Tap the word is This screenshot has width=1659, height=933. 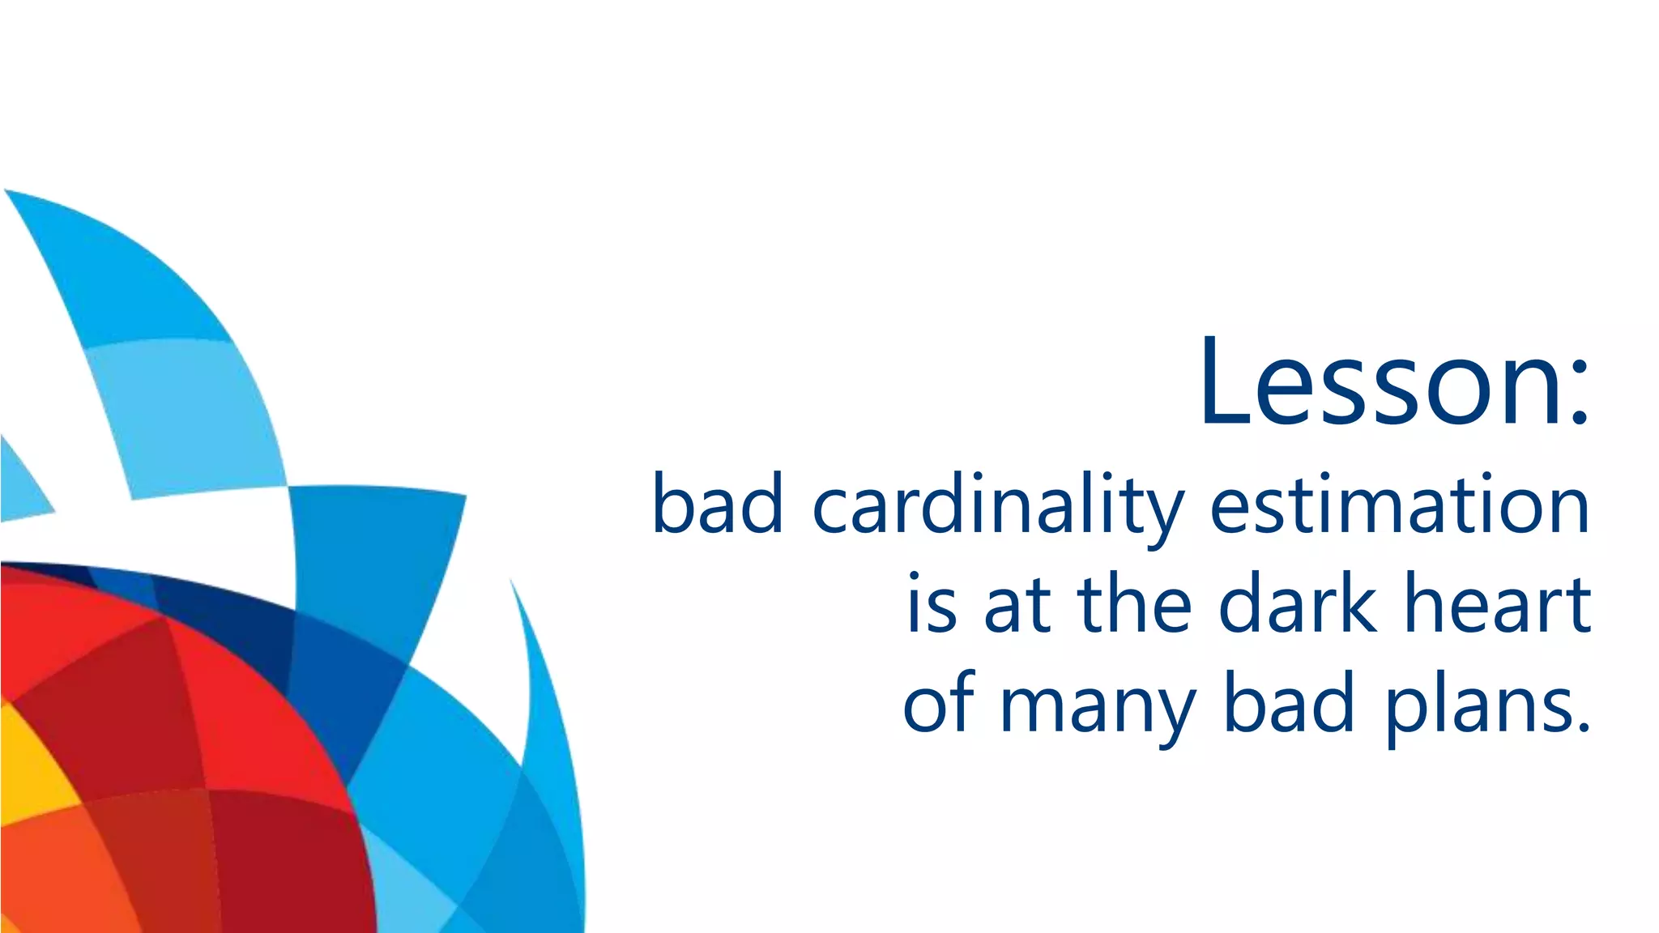[x=932, y=603]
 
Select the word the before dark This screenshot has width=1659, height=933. [x=1134, y=603]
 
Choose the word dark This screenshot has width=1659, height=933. [x=1298, y=603]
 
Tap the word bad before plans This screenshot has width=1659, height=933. [x=1289, y=703]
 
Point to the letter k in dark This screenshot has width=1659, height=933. [x=1358, y=603]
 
